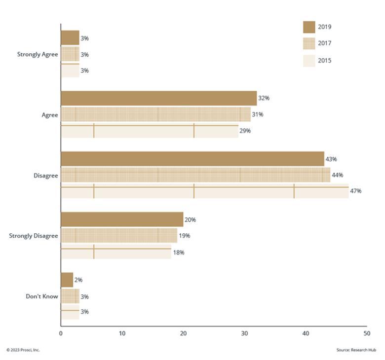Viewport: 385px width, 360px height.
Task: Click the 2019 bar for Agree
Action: [x=159, y=99]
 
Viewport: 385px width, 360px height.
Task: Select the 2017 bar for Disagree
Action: [x=195, y=175]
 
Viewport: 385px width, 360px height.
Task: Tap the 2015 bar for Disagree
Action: [x=205, y=191]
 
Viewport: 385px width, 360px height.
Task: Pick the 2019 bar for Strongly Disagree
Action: [x=122, y=219]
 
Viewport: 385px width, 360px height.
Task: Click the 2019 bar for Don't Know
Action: [x=67, y=280]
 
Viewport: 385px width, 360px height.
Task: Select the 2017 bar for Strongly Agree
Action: [x=70, y=54]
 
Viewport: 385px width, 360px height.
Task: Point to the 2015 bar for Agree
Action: [x=150, y=131]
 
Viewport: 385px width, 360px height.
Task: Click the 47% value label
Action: [x=355, y=191]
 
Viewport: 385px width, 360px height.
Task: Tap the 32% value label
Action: [x=264, y=98]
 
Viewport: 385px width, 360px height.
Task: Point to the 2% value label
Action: [x=78, y=280]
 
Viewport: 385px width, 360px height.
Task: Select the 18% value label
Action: [x=179, y=252]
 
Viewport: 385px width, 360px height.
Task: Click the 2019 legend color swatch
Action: [x=309, y=27]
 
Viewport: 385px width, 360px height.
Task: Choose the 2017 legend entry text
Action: [x=325, y=43]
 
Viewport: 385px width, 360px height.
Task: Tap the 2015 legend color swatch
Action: [x=309, y=61]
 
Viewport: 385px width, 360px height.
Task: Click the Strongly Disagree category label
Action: [x=34, y=236]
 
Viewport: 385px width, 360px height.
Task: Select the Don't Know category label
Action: [x=42, y=296]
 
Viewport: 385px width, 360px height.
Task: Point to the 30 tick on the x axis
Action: [x=244, y=333]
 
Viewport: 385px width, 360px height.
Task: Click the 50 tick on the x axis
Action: [x=367, y=333]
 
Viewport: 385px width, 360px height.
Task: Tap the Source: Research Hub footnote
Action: [x=356, y=350]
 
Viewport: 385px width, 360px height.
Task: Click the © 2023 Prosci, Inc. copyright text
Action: [x=23, y=350]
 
